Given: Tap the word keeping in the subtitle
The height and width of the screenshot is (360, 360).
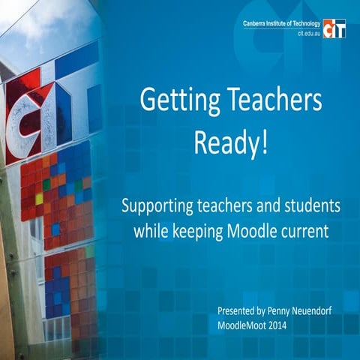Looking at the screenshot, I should coord(199,232).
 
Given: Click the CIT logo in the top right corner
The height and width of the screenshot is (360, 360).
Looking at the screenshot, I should coord(334,28).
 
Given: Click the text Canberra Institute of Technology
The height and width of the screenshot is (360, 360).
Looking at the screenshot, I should coord(280,24).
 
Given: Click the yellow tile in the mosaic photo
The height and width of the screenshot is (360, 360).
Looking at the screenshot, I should coord(39,199).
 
